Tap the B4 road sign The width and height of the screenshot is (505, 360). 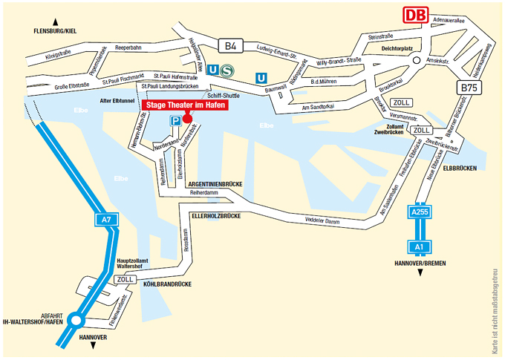(232, 47)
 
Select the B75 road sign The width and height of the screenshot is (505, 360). (469, 88)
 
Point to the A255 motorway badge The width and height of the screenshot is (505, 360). (420, 212)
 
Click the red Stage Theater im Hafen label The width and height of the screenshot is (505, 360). (183, 105)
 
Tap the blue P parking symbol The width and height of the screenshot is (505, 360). (175, 120)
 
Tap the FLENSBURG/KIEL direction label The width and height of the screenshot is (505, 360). (50, 31)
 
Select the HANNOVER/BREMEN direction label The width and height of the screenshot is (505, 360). (420, 263)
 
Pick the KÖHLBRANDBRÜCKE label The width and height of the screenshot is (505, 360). (162, 284)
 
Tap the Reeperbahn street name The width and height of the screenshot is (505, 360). (128, 48)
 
